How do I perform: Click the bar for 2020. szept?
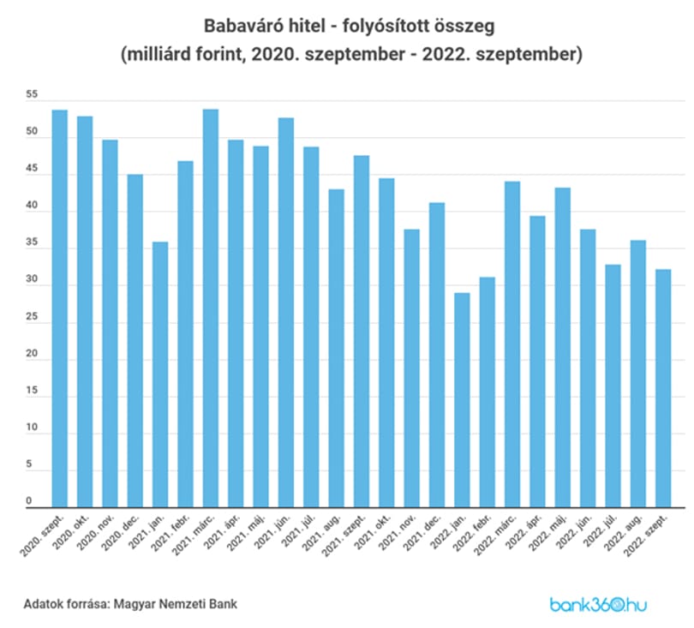[x=60, y=308]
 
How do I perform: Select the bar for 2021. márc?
[x=211, y=308]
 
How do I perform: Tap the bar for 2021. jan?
[x=160, y=374]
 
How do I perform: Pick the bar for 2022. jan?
[x=462, y=400]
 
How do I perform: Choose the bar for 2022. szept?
[x=663, y=388]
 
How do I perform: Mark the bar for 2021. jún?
[x=286, y=313]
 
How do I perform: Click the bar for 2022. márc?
[x=512, y=344]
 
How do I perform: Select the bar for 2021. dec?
[x=437, y=355]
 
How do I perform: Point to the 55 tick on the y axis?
[x=32, y=94]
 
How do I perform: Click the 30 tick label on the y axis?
[x=32, y=279]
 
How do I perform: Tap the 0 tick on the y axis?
[x=29, y=501]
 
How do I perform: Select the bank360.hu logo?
[x=598, y=605]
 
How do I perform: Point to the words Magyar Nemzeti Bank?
[x=176, y=604]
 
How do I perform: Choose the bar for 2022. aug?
[x=637, y=374]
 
